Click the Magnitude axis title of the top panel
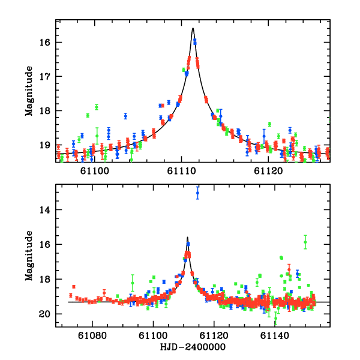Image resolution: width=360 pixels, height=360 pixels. (x=29, y=91)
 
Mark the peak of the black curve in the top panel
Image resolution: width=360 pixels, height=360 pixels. (x=193, y=28)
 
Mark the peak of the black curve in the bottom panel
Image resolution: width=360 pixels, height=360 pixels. (x=187, y=237)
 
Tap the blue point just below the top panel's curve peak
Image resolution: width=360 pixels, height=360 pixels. (x=194, y=41)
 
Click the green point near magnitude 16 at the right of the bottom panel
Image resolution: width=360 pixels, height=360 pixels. (x=305, y=242)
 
